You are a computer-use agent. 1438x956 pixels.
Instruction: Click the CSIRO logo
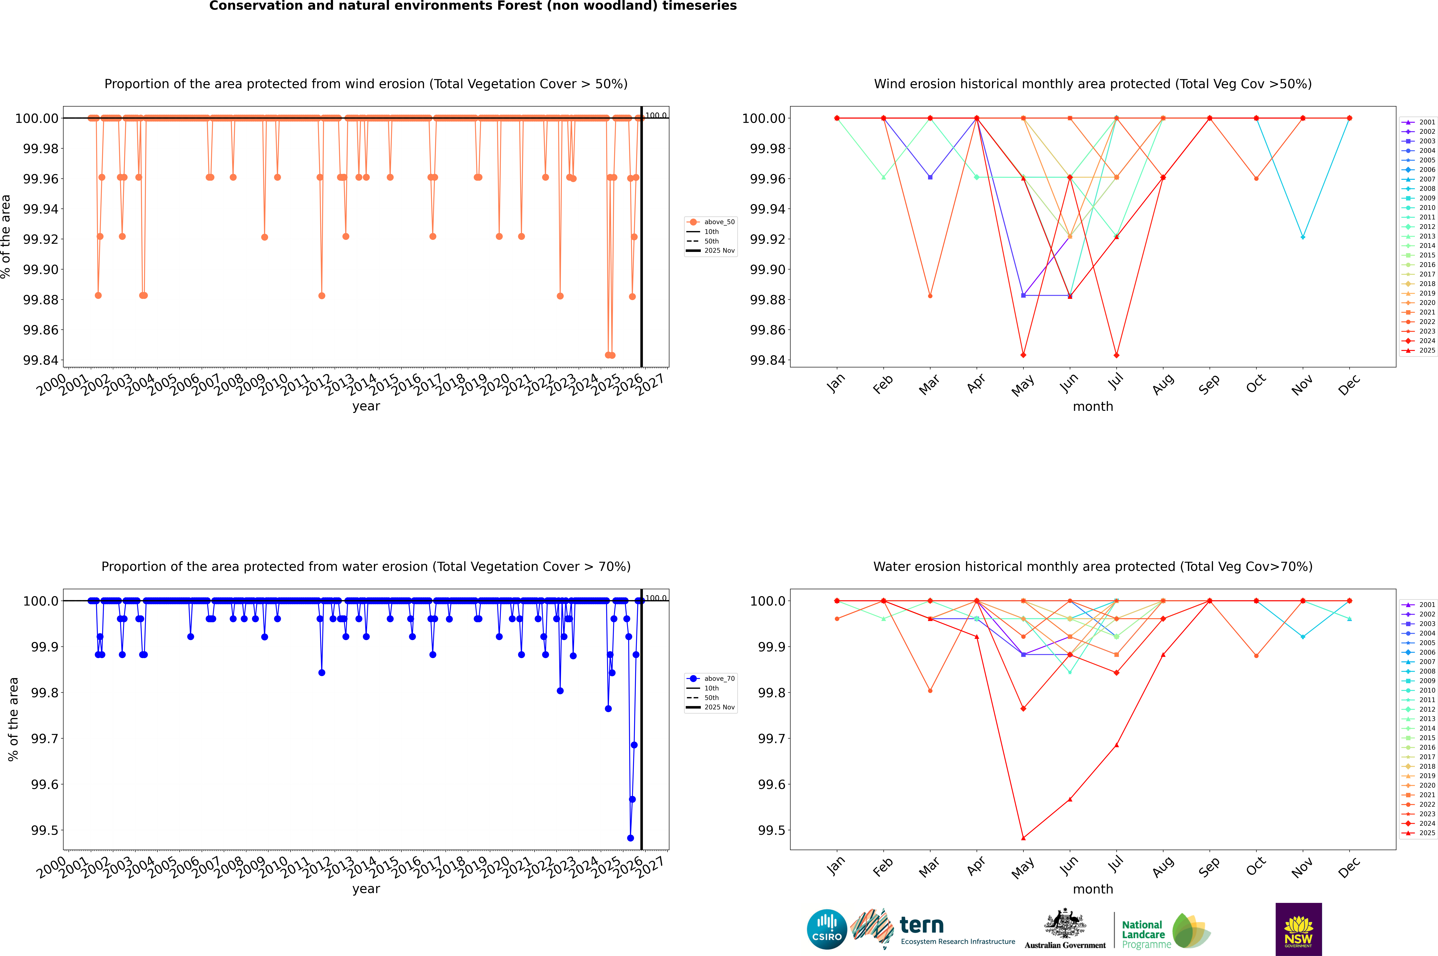tap(827, 929)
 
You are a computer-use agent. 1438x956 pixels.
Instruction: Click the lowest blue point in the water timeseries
tap(630, 838)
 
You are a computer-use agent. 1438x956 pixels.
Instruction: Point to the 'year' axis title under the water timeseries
tap(366, 889)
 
